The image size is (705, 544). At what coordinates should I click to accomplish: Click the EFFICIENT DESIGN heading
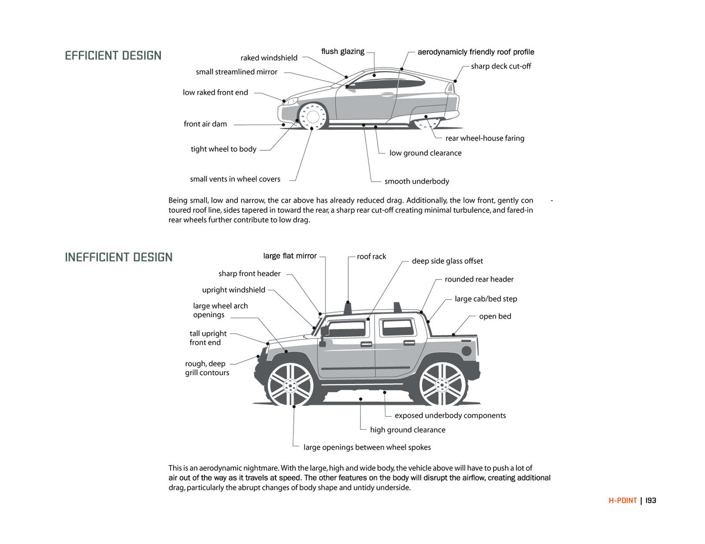(x=113, y=56)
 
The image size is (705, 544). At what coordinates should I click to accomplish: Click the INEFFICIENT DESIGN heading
(x=119, y=257)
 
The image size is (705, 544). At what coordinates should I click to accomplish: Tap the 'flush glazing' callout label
(x=342, y=52)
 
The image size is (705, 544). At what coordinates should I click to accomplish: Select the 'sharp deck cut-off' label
(x=501, y=66)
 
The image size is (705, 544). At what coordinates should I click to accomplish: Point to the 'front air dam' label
(x=205, y=124)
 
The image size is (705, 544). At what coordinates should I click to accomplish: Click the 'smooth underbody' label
(x=416, y=181)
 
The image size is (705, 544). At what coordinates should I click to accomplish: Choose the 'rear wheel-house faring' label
(x=485, y=138)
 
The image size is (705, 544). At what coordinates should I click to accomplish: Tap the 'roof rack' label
(x=371, y=257)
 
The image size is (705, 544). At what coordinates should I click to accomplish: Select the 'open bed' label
(x=495, y=316)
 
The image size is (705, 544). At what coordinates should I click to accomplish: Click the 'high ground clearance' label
(x=407, y=430)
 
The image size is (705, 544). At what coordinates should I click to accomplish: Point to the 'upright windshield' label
(x=234, y=290)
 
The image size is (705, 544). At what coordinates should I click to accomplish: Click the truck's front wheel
(x=290, y=385)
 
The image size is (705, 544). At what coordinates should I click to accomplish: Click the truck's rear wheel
(x=442, y=384)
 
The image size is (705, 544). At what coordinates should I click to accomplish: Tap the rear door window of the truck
(x=398, y=328)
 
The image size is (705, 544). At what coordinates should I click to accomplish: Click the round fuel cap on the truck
(x=466, y=351)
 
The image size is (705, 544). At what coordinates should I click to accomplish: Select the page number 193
(x=651, y=500)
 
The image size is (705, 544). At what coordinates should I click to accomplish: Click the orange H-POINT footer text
(x=623, y=500)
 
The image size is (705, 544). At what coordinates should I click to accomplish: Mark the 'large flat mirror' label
(x=289, y=256)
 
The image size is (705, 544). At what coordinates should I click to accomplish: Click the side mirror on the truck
(x=324, y=332)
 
